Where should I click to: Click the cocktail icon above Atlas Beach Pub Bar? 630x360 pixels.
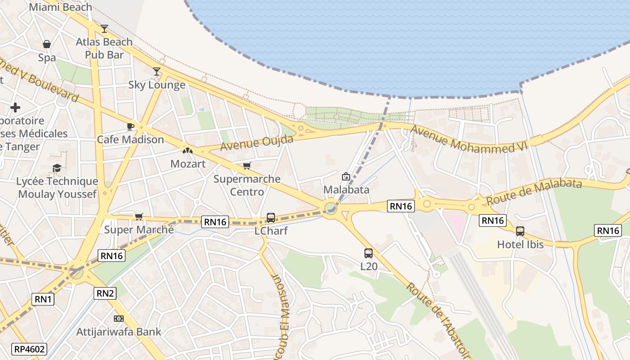point(104,29)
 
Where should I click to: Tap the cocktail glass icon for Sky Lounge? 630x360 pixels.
point(157,72)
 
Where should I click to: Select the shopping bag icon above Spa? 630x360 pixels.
point(47,44)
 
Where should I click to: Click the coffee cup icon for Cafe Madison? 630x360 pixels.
point(130,126)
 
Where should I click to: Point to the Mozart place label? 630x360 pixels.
point(188,164)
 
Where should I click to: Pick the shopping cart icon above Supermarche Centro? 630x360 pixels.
point(247,166)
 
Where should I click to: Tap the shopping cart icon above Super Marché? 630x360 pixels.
point(139,217)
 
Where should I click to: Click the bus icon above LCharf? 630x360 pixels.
point(271,218)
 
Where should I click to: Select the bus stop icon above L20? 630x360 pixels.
point(369,253)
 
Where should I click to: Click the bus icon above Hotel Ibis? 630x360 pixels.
point(520,231)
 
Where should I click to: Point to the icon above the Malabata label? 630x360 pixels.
point(346,176)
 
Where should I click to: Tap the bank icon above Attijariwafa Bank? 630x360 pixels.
point(119,319)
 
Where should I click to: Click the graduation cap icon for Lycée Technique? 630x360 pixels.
point(57,168)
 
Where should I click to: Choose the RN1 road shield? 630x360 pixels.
point(43,299)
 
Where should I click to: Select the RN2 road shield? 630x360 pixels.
point(105,294)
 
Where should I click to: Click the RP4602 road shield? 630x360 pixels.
point(30,349)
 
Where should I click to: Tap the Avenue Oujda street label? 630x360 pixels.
point(256,143)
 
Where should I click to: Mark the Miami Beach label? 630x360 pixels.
point(60,7)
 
